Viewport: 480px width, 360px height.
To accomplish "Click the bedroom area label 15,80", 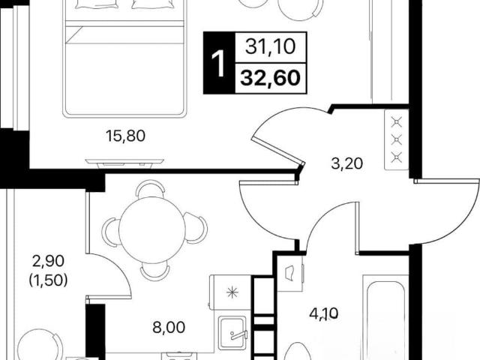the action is click(125, 136).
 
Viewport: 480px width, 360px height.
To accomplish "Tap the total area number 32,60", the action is click(270, 78).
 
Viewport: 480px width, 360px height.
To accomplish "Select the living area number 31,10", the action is click(270, 46).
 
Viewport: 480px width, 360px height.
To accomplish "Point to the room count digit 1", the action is click(219, 64).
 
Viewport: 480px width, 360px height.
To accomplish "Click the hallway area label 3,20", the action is click(346, 163).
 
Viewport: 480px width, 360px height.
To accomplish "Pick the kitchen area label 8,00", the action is click(169, 327).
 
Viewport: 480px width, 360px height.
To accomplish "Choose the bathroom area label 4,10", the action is click(324, 313).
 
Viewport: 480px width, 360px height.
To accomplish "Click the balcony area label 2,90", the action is click(49, 261).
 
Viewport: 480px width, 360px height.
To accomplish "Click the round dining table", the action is click(152, 229).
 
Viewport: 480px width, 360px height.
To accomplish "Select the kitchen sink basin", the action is click(232, 333).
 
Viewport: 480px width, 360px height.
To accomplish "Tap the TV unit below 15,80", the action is click(124, 163).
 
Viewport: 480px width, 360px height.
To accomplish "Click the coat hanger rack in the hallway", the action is click(397, 139).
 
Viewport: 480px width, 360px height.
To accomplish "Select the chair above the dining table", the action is click(150, 189).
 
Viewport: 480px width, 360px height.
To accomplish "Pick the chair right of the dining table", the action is click(196, 228).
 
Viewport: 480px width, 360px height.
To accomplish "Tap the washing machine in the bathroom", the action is click(290, 272).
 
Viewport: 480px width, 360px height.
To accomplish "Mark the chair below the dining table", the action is click(155, 271).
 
